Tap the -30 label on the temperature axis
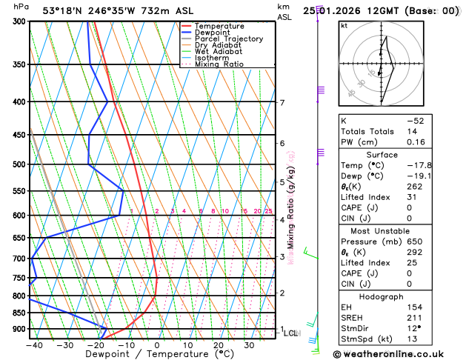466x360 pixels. (64, 344)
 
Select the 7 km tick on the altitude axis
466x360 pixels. (282, 103)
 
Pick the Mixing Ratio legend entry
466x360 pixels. (219, 64)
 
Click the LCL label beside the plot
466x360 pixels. (290, 333)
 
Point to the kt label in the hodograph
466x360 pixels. (344, 26)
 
